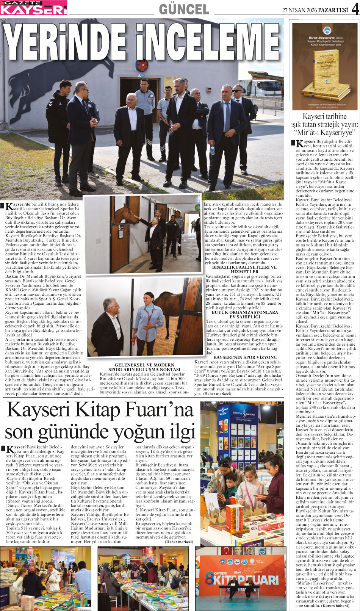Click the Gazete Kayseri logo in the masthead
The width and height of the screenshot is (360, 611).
point(34,8)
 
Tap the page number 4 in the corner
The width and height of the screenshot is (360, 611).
point(355,8)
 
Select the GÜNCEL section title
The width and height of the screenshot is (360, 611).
point(184,9)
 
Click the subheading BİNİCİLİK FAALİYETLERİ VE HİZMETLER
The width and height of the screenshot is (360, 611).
point(244,269)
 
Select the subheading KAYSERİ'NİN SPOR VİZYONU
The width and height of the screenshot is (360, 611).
point(245,357)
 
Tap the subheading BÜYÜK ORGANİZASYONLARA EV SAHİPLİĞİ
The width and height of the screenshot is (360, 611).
point(244,315)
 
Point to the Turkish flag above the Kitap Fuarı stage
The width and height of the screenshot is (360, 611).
point(227,550)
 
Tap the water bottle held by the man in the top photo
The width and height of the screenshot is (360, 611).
point(212,150)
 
